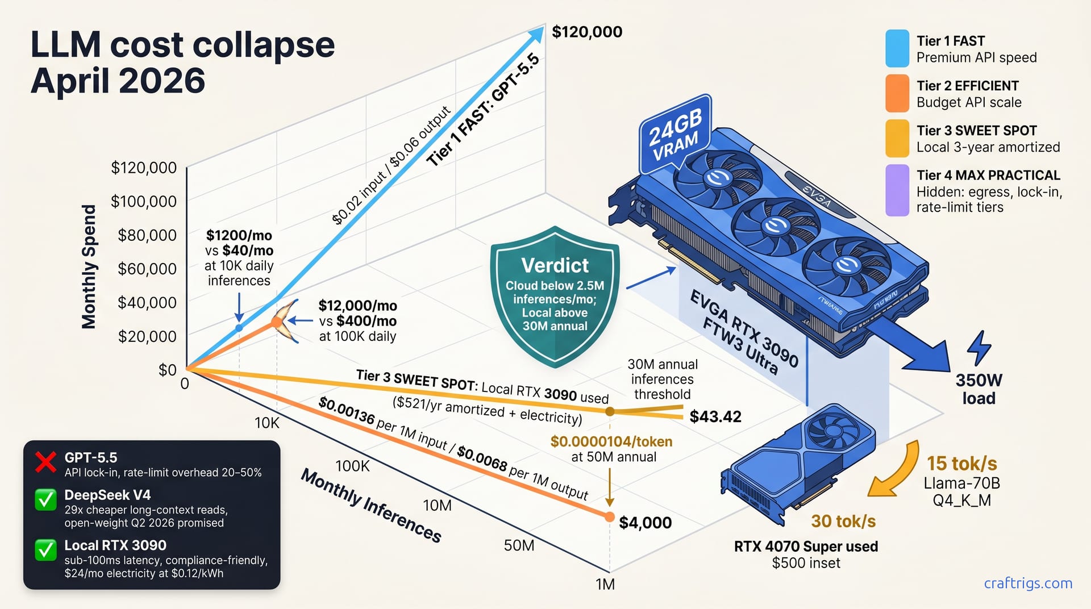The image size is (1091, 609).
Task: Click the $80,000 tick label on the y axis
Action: tap(147, 235)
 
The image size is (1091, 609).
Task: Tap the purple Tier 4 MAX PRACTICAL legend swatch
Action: tap(897, 190)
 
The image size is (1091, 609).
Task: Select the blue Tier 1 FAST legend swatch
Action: tap(897, 48)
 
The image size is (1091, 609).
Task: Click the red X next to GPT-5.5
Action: tap(45, 462)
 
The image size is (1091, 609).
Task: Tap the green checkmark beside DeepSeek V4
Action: tap(45, 500)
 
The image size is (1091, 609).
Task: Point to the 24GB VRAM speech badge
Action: tap(676, 135)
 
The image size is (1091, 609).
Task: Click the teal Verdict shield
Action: tap(555, 296)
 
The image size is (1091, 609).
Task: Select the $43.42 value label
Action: tap(715, 416)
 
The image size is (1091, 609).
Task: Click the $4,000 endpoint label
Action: tap(645, 523)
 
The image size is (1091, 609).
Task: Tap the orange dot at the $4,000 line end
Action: tap(609, 517)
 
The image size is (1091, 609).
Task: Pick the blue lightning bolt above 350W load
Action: tap(979, 348)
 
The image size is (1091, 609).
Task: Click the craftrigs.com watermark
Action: tap(1028, 583)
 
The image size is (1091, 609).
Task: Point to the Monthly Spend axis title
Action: tap(89, 266)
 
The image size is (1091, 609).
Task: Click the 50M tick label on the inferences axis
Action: tap(519, 545)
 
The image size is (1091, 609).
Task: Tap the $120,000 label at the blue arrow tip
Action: tap(587, 32)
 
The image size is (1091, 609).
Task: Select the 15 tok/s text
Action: tap(962, 464)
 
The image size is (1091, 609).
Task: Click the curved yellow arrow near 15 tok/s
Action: tap(895, 472)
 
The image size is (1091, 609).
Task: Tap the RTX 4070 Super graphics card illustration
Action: tap(798, 463)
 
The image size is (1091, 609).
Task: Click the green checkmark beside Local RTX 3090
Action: tap(45, 550)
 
